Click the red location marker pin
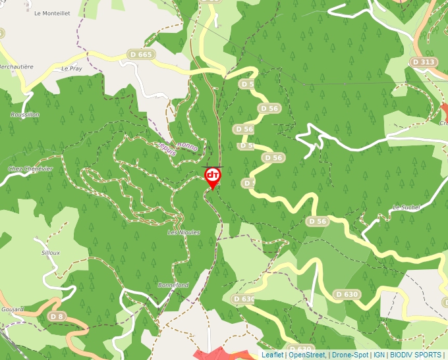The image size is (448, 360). (x=212, y=176)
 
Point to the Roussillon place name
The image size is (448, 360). (x=25, y=115)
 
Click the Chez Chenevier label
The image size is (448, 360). (x=30, y=169)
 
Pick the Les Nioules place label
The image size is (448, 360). (x=183, y=232)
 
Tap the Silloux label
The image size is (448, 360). (x=51, y=253)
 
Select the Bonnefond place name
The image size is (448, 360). (x=173, y=285)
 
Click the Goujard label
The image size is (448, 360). (x=13, y=309)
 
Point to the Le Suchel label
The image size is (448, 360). (x=406, y=207)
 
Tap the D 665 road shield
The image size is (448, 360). (x=141, y=55)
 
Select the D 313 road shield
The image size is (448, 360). (x=423, y=62)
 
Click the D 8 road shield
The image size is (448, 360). (x=57, y=317)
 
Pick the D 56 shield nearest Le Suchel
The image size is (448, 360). (x=318, y=222)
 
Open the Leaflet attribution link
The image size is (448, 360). (x=272, y=355)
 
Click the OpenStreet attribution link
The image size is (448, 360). (x=306, y=355)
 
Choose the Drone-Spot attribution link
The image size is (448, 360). (x=349, y=355)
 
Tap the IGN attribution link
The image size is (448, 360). (x=379, y=355)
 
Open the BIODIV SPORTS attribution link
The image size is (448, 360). (x=415, y=355)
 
